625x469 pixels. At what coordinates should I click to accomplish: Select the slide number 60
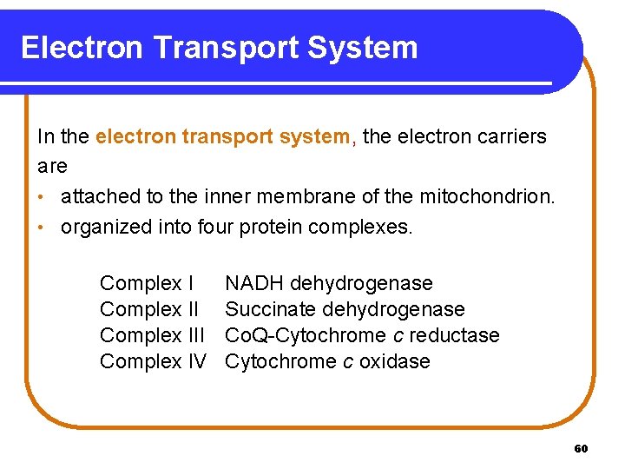(x=582, y=449)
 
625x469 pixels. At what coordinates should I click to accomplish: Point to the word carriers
(x=510, y=137)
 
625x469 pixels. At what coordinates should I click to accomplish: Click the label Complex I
(x=147, y=283)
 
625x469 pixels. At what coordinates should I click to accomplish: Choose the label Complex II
(x=149, y=309)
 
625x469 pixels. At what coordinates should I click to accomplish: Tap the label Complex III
(x=152, y=335)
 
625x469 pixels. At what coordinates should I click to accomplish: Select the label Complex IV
(x=153, y=361)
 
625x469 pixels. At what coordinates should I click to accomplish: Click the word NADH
(x=254, y=283)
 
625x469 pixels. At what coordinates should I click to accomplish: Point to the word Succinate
(x=270, y=309)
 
